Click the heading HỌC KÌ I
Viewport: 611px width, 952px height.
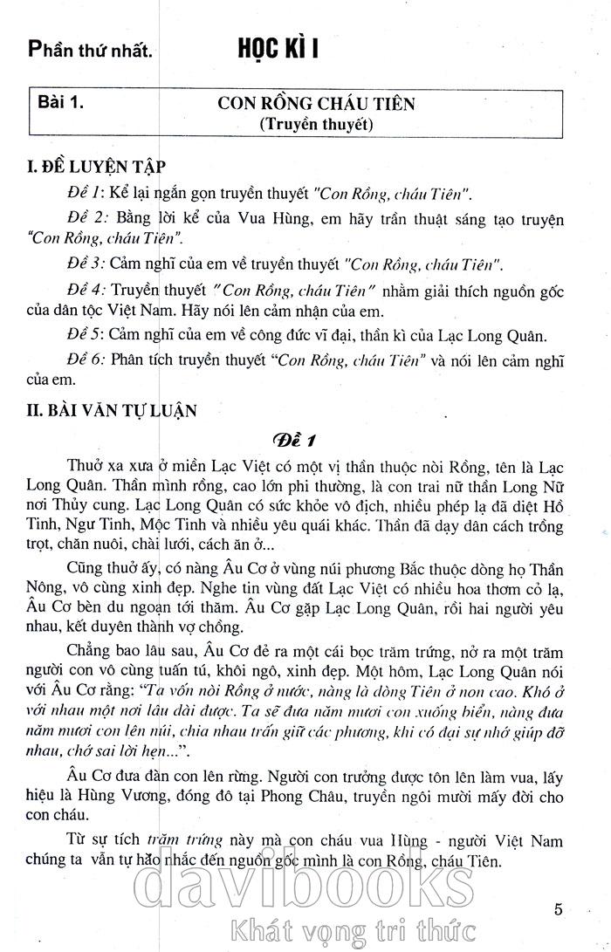pos(278,50)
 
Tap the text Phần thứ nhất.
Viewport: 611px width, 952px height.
pos(91,51)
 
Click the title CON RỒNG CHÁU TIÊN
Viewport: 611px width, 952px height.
pos(316,104)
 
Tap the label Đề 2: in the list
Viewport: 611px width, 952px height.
pos(86,216)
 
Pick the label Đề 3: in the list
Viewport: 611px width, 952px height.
pos(86,264)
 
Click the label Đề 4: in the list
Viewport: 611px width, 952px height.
pos(86,289)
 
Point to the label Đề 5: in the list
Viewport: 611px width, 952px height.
pos(86,336)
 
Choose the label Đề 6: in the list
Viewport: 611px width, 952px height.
pos(86,360)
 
